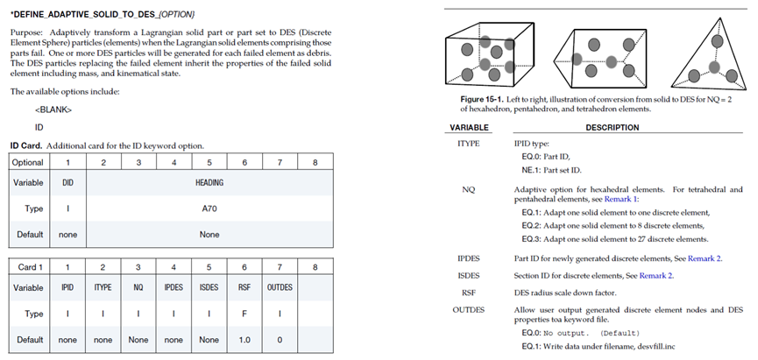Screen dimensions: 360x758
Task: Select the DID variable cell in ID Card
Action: click(67, 183)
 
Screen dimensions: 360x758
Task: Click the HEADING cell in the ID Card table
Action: click(209, 183)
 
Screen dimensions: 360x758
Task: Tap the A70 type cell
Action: click(209, 209)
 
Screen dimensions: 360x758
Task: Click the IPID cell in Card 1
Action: click(67, 286)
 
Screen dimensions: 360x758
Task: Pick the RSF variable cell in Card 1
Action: click(244, 286)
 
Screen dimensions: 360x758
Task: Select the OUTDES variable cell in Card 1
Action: click(280, 286)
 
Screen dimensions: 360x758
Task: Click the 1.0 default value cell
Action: click(244, 339)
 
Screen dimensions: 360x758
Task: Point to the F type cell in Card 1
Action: click(244, 313)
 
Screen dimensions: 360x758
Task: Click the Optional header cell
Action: click(29, 162)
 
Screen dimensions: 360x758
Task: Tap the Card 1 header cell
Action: click(28, 265)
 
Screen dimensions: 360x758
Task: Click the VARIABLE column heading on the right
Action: click(468, 128)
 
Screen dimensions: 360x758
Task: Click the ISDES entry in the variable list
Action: click(468, 276)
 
